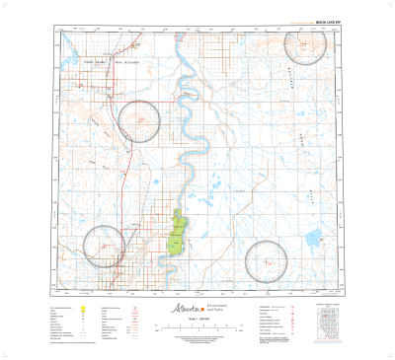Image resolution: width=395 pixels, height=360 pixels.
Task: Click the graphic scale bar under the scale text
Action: pyautogui.click(x=197, y=331)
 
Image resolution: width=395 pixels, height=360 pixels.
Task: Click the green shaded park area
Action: pyautogui.click(x=179, y=235)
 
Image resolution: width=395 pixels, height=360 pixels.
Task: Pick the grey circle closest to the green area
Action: pyautogui.click(x=105, y=247)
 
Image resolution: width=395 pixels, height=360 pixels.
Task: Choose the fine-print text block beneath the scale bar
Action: pyautogui.click(x=197, y=341)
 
